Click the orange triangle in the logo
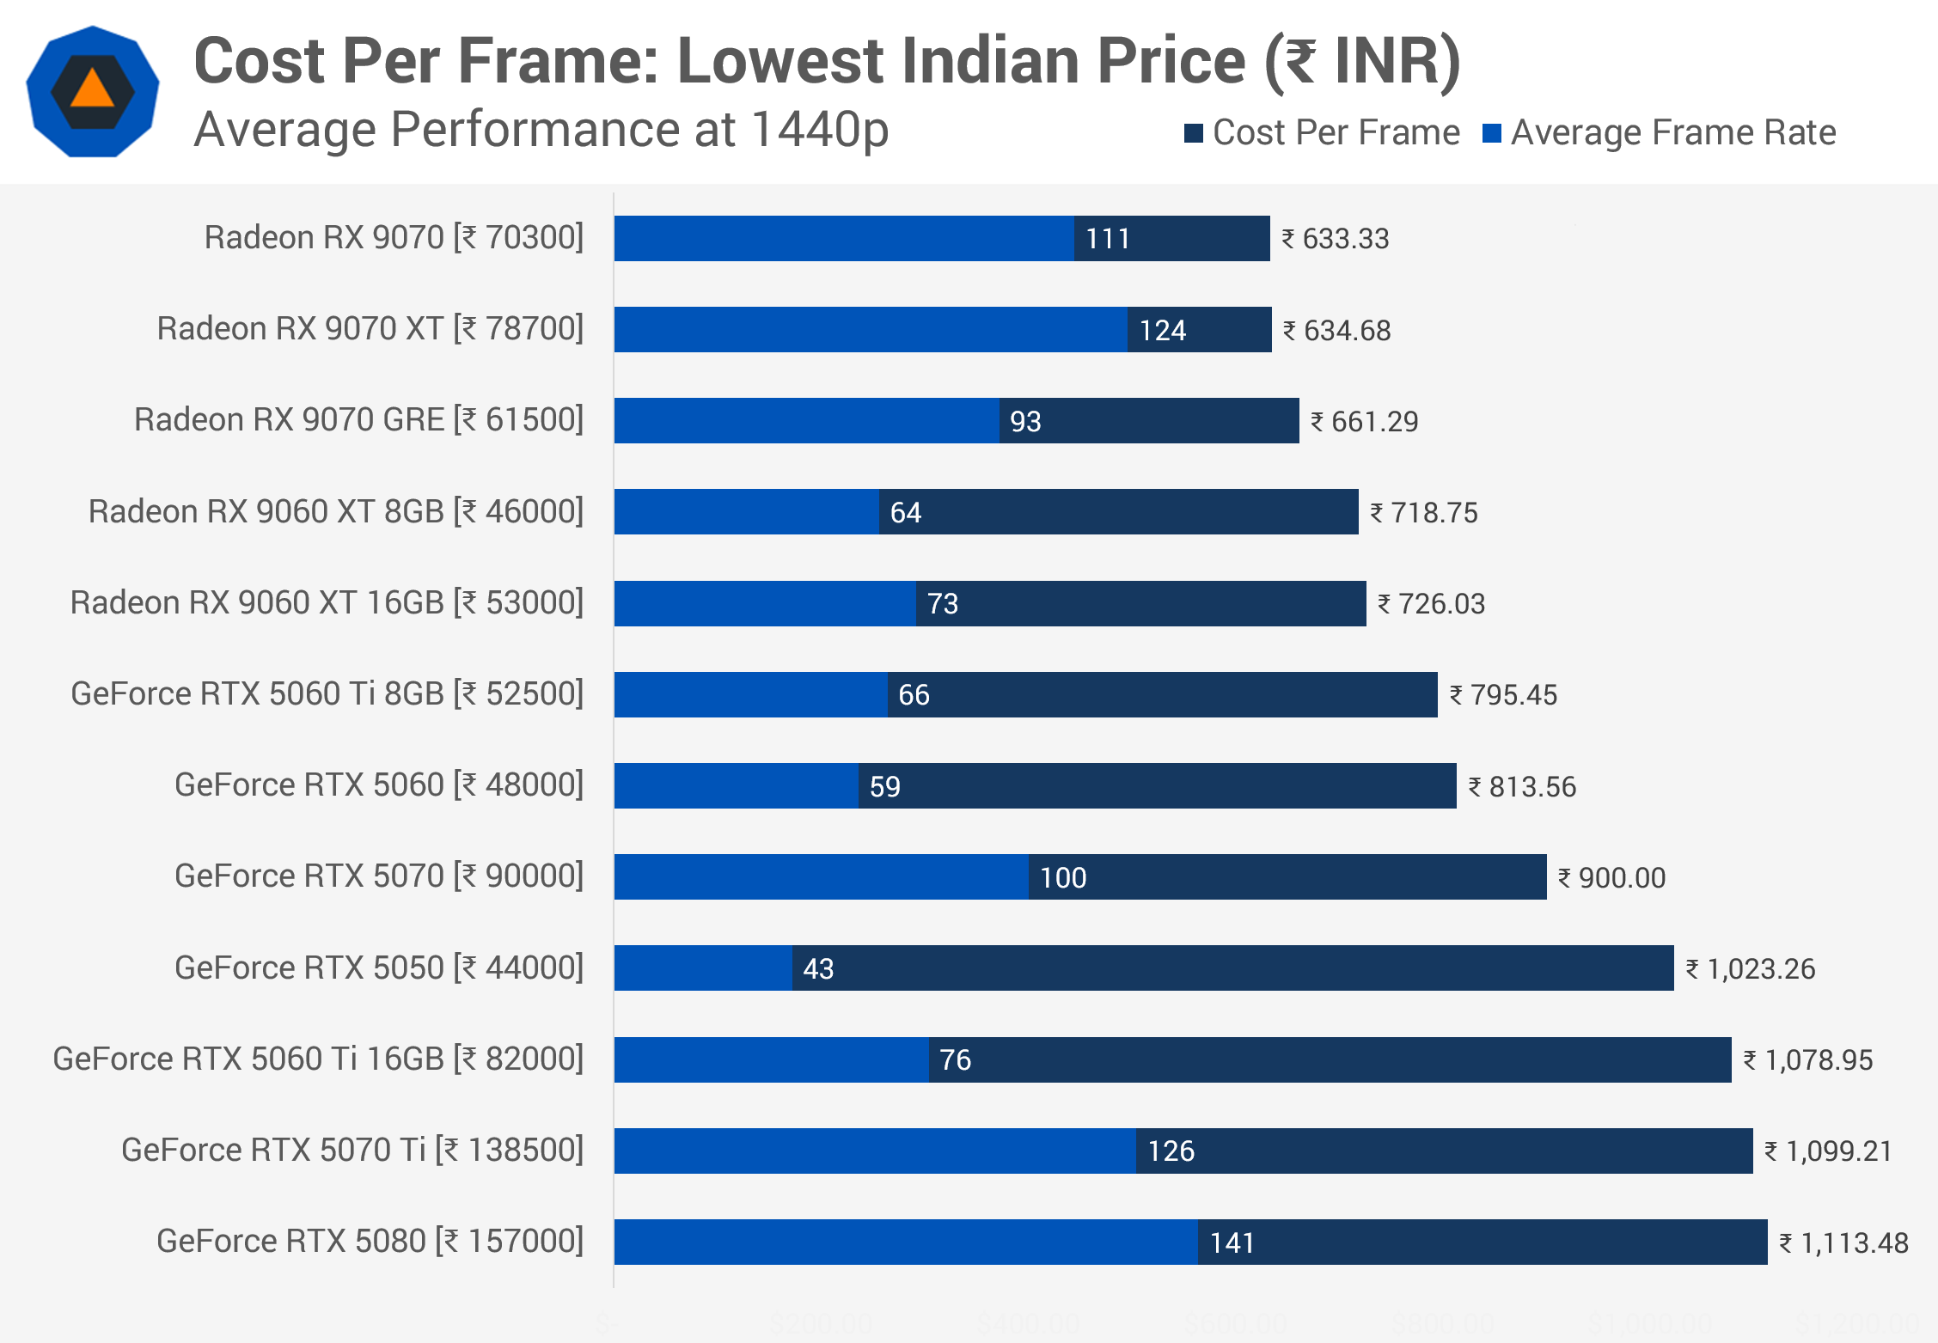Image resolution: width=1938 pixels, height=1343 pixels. [x=93, y=89]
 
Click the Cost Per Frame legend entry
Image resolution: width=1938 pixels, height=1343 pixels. [x=1322, y=132]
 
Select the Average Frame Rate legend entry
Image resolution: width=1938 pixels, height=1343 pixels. [x=1660, y=132]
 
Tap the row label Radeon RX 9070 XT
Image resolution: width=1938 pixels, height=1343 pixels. [x=370, y=328]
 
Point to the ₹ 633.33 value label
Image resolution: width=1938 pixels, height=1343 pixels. [x=1336, y=239]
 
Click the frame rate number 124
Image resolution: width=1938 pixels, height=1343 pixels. [x=1163, y=330]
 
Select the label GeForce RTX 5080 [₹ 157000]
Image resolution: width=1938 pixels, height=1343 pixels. [x=370, y=1241]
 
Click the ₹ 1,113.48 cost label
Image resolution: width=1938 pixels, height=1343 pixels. [x=1843, y=1242]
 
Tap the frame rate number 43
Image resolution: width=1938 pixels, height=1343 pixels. [x=818, y=968]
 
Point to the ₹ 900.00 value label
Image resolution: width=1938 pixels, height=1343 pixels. [x=1612, y=877]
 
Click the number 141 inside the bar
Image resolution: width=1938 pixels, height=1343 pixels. [x=1232, y=1242]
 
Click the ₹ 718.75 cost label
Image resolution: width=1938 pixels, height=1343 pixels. [x=1424, y=513]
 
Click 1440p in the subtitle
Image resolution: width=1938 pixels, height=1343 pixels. [x=819, y=131]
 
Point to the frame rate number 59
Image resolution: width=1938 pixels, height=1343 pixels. [x=885, y=786]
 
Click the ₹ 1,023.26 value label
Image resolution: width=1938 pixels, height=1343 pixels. [x=1751, y=968]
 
